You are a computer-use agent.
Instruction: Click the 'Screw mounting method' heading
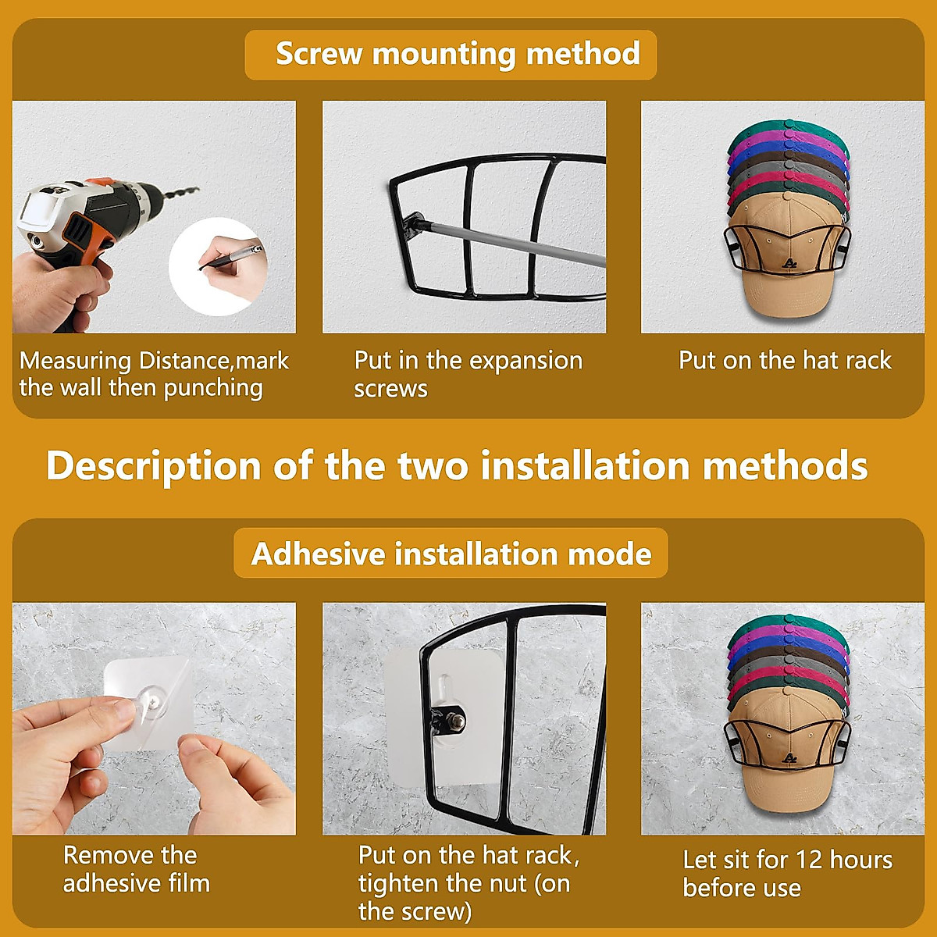(x=458, y=54)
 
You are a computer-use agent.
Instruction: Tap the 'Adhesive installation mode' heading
(x=451, y=554)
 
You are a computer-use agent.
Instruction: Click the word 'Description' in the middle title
(x=153, y=465)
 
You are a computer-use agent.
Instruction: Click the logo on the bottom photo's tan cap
(x=789, y=758)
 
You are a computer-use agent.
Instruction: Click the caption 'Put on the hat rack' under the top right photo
(x=785, y=360)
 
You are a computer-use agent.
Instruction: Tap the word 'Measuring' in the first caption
(x=75, y=361)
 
